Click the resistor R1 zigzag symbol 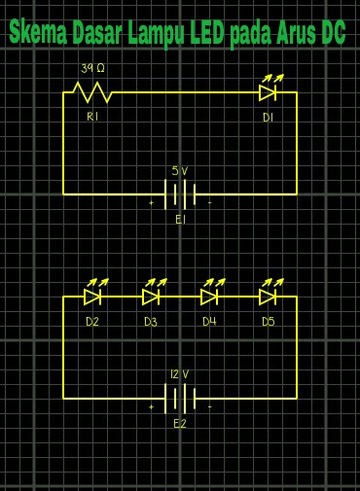pos(92,93)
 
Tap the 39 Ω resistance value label pos(92,69)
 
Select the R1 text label pos(92,117)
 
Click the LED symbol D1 pos(268,92)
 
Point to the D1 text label pos(268,117)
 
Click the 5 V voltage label pos(179,169)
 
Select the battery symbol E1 pos(180,194)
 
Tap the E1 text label pos(180,221)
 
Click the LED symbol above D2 pos(93,295)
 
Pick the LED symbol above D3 pos(151,295)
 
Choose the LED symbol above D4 pos(209,295)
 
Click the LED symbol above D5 pos(268,295)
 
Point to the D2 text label pos(92,321)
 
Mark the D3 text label pos(151,321)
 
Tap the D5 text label pos(268,321)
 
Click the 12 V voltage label pos(179,373)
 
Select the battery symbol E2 pos(180,398)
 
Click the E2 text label pos(179,424)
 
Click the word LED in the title pos(205,36)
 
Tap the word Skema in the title pos(38,36)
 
